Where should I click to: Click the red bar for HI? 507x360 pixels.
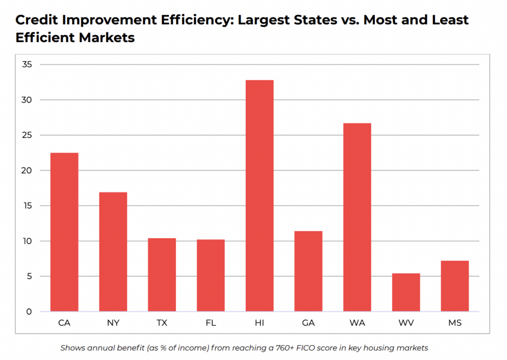coord(259,196)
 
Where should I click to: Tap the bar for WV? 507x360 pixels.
coord(406,292)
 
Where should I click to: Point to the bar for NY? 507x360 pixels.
coord(113,252)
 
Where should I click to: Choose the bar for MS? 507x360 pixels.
coord(455,286)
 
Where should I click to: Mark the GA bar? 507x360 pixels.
coord(308,271)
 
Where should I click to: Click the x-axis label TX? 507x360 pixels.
coord(161,323)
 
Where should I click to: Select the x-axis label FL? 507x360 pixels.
coord(210,323)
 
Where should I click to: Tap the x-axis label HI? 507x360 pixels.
coord(259,323)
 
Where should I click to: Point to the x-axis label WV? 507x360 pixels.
coord(406,323)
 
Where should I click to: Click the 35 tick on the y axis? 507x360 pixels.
coord(27,64)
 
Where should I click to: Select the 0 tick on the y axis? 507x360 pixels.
coord(29,311)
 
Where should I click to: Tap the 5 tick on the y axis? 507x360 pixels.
coord(29,276)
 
